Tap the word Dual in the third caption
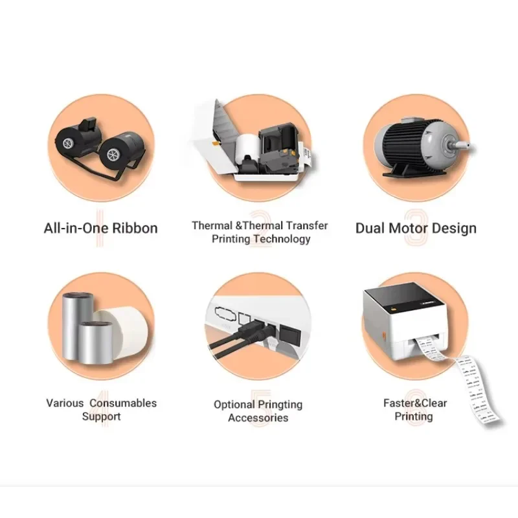(x=370, y=228)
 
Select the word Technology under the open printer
(x=282, y=239)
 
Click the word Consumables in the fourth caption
(x=123, y=403)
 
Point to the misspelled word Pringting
(x=277, y=405)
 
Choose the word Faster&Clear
(x=414, y=403)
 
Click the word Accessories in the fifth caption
(x=258, y=418)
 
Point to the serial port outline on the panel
(x=224, y=310)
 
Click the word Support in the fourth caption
(x=101, y=416)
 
